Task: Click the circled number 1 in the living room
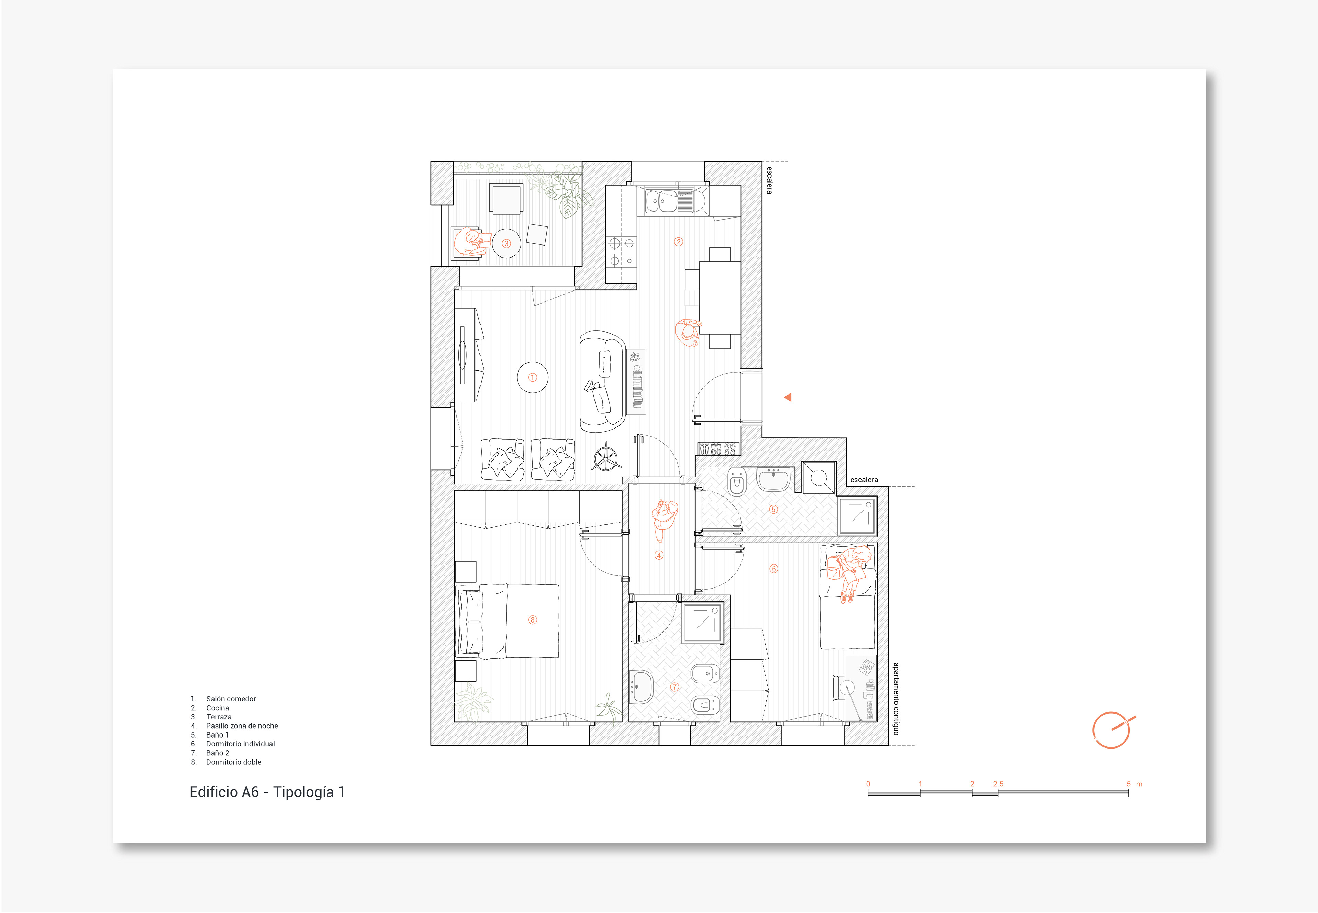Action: pyautogui.click(x=532, y=378)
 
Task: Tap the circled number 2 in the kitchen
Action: pyautogui.click(x=679, y=241)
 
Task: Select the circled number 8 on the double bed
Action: pyautogui.click(x=532, y=619)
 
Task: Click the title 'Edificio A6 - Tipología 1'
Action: pyautogui.click(x=267, y=792)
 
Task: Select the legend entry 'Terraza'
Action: pyautogui.click(x=219, y=717)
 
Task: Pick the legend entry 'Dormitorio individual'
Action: pyautogui.click(x=240, y=744)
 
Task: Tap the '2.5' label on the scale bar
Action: pyautogui.click(x=998, y=784)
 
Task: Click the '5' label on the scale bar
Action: pyautogui.click(x=1128, y=784)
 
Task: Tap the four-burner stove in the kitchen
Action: pyautogui.click(x=622, y=252)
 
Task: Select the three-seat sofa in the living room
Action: pyautogui.click(x=603, y=381)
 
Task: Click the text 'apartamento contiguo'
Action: pyautogui.click(x=896, y=699)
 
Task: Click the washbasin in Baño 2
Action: pyautogui.click(x=641, y=686)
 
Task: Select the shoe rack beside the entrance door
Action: pyautogui.click(x=718, y=448)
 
